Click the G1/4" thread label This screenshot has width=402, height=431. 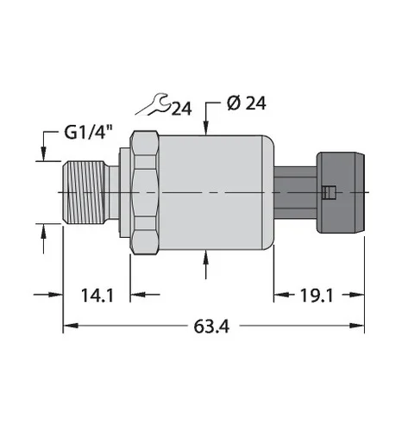click(x=88, y=133)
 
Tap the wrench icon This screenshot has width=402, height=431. click(x=152, y=104)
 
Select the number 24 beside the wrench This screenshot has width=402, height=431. click(x=181, y=109)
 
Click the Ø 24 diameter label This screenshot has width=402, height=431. click(x=247, y=103)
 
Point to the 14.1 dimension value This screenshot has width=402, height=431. click(x=97, y=296)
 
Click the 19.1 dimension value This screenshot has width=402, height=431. click(x=317, y=296)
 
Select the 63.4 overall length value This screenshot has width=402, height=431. click(x=211, y=327)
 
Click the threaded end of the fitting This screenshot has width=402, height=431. click(x=84, y=192)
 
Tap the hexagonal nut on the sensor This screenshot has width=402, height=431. click(x=145, y=192)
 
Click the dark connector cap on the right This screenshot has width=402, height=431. click(x=341, y=192)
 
